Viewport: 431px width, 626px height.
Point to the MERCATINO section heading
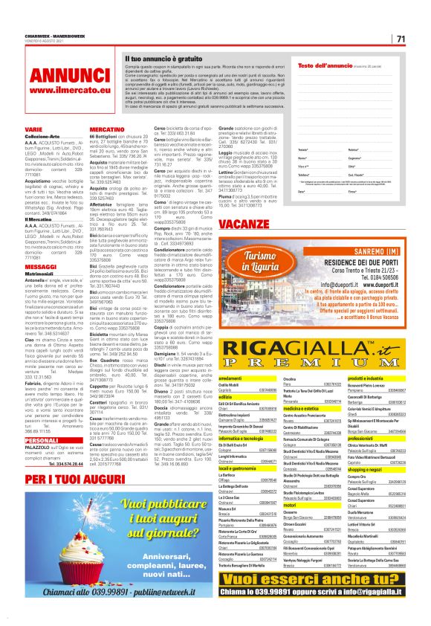(x=107, y=129)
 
